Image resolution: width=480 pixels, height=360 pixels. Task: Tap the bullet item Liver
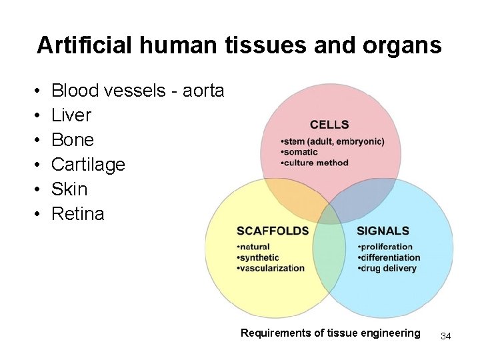tap(71, 115)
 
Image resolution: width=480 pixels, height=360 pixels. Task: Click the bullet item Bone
tap(72, 140)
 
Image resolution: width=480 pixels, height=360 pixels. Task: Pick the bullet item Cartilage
tap(88, 165)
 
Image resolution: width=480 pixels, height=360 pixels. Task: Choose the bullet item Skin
tap(69, 189)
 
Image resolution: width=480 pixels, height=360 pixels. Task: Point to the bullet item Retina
tap(77, 214)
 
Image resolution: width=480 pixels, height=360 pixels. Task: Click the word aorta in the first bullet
tap(203, 91)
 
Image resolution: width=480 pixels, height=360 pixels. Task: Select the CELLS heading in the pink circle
tap(329, 125)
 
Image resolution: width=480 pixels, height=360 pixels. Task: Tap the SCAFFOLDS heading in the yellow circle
tap(273, 231)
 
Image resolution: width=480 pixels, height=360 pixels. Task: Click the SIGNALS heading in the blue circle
tap(383, 231)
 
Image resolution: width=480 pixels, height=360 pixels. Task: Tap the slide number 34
tap(446, 336)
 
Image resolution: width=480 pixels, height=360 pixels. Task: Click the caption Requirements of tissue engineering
tap(331, 333)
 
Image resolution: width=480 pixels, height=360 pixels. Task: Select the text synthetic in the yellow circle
tap(256, 258)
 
